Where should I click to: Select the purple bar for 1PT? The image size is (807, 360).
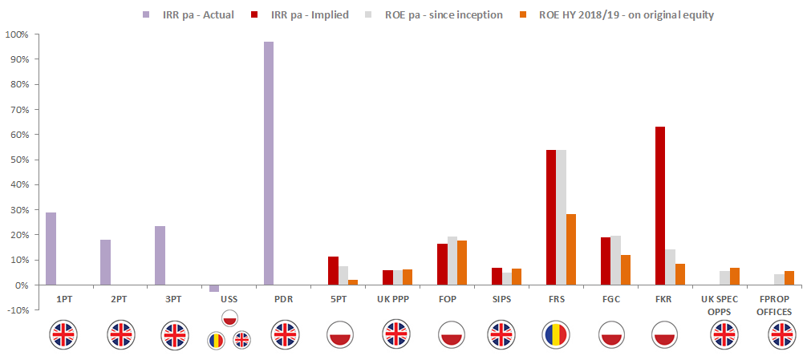51,249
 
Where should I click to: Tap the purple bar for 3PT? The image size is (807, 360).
160,256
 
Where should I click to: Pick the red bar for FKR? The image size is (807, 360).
659,206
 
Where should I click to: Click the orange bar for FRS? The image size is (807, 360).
570,249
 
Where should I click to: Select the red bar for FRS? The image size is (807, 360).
551,217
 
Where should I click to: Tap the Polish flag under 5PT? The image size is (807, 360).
343,334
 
